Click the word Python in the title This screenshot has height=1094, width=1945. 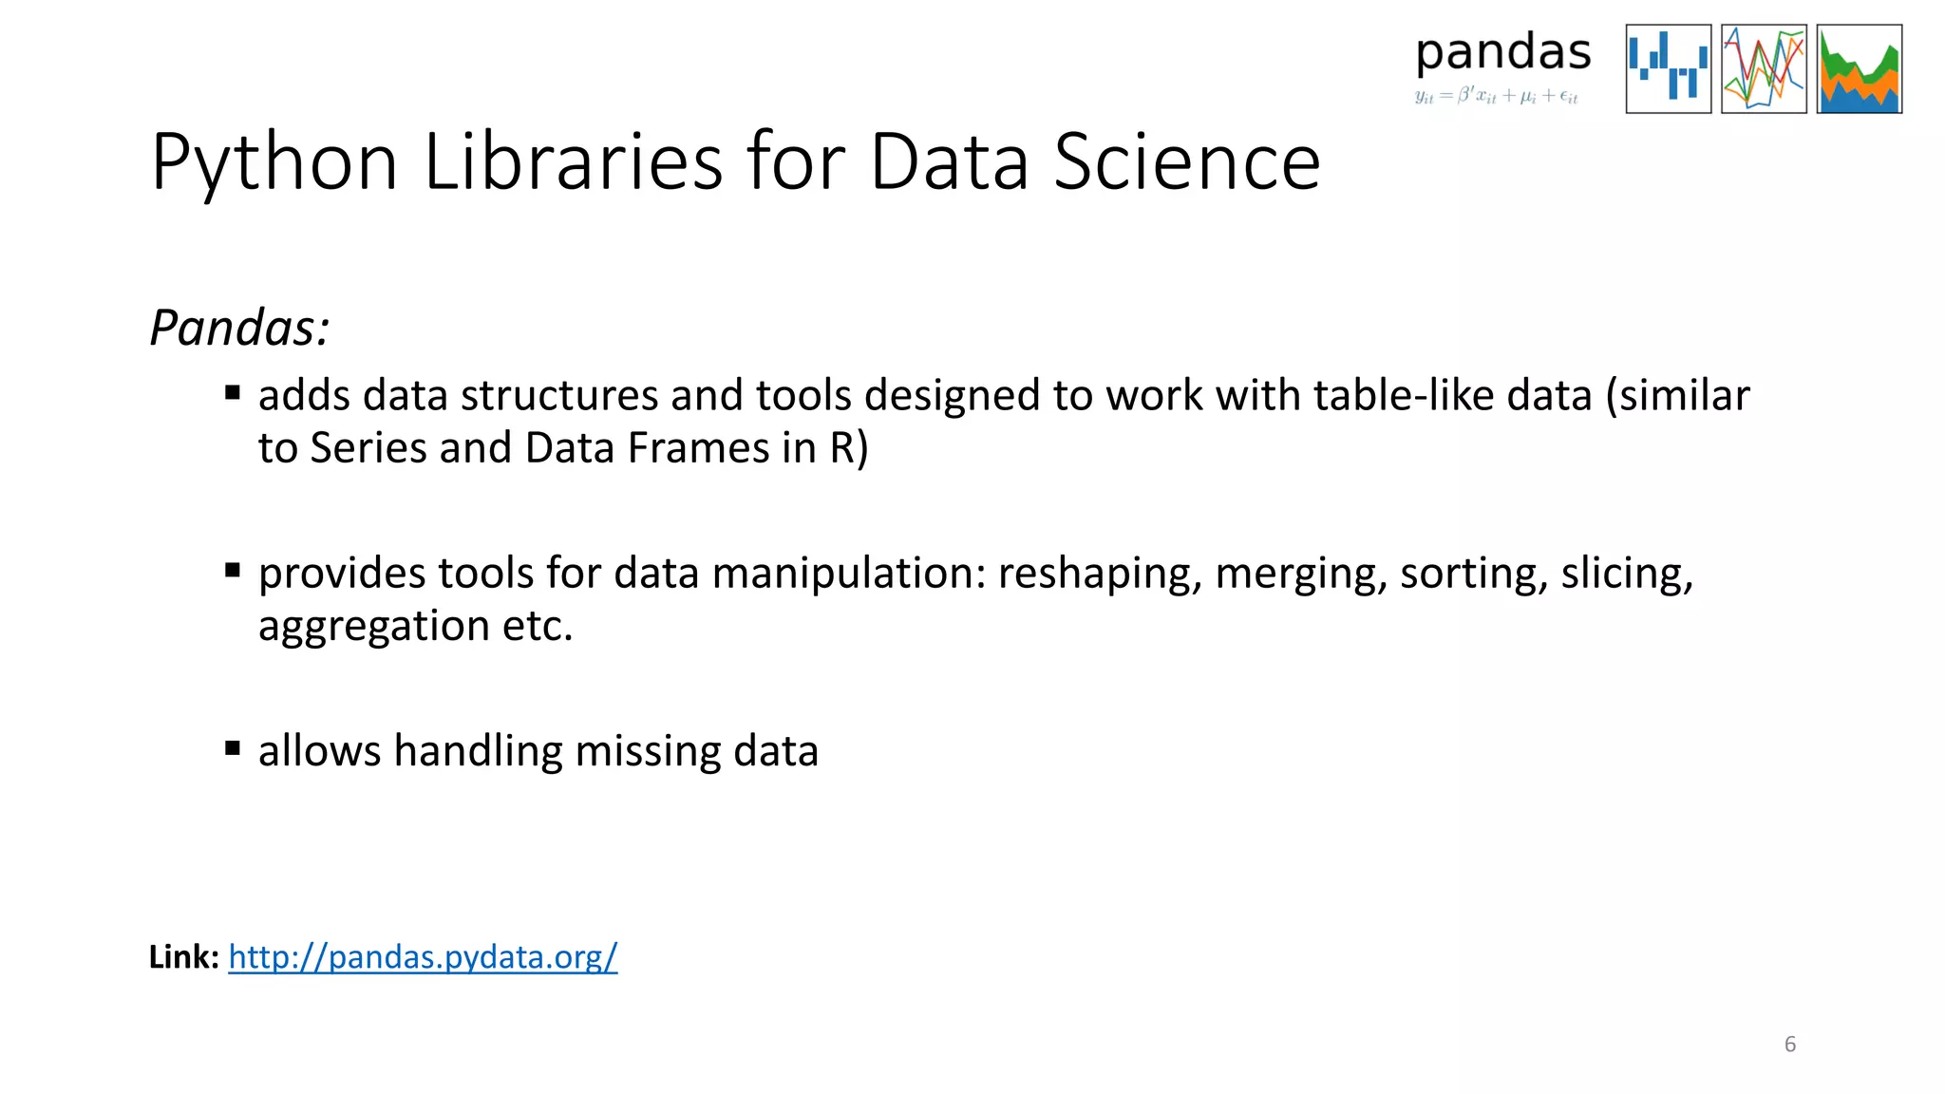click(274, 163)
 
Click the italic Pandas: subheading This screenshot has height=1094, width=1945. click(239, 329)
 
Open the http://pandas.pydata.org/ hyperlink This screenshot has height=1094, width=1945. click(423, 957)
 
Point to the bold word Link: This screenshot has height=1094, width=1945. click(184, 957)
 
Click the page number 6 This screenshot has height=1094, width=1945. click(1789, 1045)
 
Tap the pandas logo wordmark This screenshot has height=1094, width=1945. click(1502, 53)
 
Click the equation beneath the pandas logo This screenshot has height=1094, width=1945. click(1496, 96)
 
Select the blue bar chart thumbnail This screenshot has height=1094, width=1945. click(1668, 69)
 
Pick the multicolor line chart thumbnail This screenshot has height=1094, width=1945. click(1764, 69)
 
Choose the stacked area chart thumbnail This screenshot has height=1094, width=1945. click(1859, 69)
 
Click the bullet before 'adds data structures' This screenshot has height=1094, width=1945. click(233, 393)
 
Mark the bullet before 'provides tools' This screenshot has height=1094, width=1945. click(233, 571)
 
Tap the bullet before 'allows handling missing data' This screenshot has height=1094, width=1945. click(233, 748)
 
